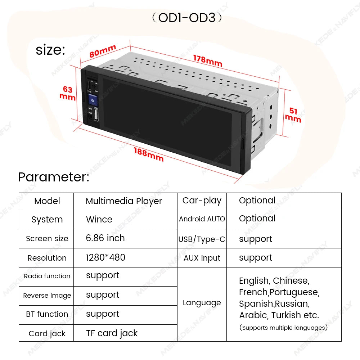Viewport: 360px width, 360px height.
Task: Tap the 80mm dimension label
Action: (103, 51)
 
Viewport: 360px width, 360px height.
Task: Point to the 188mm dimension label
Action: (149, 155)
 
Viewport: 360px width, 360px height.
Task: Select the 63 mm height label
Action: (68, 93)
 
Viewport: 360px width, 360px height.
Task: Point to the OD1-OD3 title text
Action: (186, 18)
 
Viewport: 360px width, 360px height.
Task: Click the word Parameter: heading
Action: (54, 177)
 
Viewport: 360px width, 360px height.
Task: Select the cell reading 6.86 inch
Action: (105, 238)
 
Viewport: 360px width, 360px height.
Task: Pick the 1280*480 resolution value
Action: (105, 257)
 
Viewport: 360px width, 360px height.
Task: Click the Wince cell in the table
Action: (99, 219)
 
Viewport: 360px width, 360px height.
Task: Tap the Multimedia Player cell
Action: (124, 201)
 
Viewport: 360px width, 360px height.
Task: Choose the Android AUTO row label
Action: (202, 219)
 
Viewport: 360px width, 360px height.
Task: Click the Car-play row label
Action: (202, 201)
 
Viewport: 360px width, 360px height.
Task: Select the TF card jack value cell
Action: (112, 333)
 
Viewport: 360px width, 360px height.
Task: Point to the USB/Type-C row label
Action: (202, 239)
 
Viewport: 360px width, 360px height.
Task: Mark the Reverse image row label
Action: (47, 296)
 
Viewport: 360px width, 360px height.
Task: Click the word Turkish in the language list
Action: (286, 315)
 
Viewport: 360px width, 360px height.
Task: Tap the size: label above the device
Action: (50, 50)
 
